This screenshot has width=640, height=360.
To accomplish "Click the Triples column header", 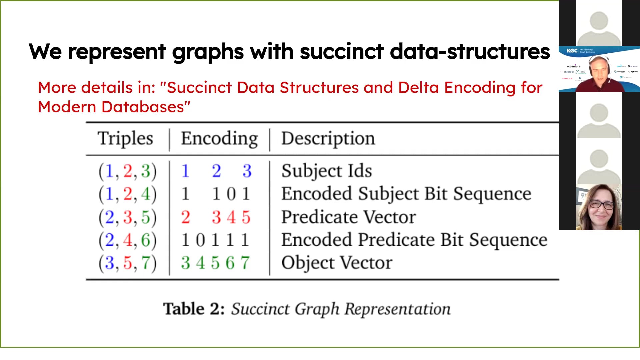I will pos(125,138).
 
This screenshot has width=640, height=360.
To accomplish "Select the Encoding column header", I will pos(219,138).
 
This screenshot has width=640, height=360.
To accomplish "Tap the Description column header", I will pos(328,138).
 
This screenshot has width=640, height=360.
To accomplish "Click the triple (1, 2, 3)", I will pos(127,171).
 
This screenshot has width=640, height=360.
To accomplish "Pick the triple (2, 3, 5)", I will pos(127,217).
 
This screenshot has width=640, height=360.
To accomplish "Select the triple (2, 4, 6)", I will pos(127,240).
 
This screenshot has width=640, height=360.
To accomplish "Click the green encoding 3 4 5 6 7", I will pos(215,263).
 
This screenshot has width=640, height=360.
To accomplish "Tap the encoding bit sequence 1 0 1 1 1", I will pos(215,240).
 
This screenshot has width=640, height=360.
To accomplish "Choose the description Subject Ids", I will pos(326,171).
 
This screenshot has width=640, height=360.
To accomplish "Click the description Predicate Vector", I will pos(348,217).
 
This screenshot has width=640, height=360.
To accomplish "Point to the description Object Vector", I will pos(337,263).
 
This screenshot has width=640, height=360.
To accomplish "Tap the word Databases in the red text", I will pos(143,107).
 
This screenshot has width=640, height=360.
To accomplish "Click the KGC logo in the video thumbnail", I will pos(572,51).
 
